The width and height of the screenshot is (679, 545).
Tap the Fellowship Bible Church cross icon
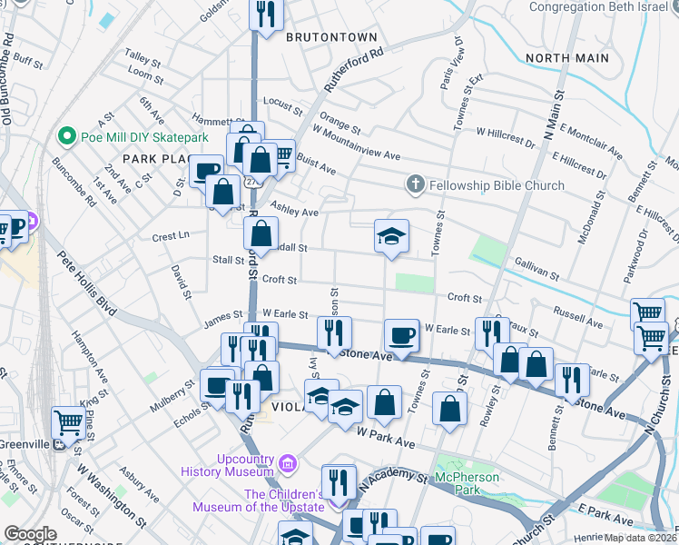pyautogui.click(x=416, y=185)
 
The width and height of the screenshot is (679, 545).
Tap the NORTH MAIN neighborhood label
pyautogui.click(x=566, y=58)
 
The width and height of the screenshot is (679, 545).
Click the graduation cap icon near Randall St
pyautogui.click(x=392, y=236)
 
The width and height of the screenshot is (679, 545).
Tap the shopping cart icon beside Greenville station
pyautogui.click(x=69, y=421)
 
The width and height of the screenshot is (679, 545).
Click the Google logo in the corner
pyautogui.click(x=30, y=534)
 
